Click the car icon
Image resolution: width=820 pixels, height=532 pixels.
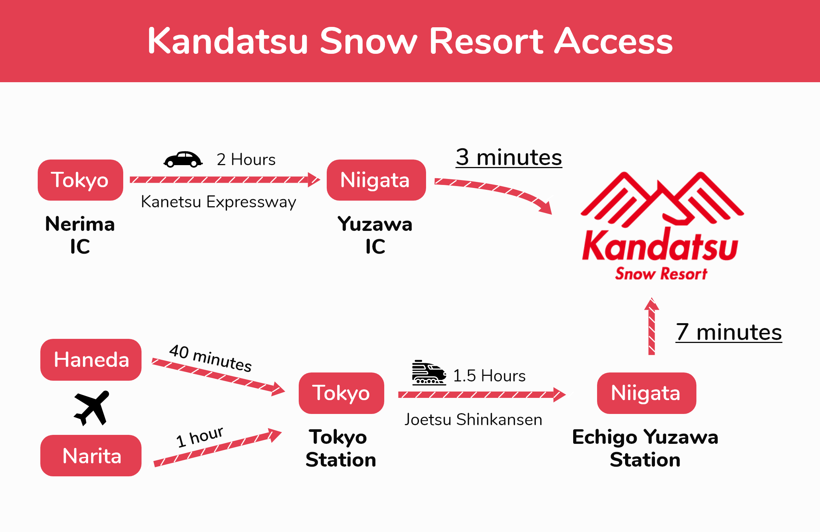point(183,160)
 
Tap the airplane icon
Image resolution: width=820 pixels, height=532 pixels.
point(92,408)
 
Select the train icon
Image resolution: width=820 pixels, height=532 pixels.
point(429,372)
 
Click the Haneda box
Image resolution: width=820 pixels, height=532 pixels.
point(91,360)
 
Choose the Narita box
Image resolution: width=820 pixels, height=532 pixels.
point(91,455)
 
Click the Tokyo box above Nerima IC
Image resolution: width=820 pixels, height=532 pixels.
point(80,180)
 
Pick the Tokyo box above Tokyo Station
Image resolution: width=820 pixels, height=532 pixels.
point(341,393)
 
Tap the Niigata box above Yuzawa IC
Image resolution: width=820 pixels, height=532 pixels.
point(376,180)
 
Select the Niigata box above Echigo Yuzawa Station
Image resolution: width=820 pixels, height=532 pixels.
point(646,393)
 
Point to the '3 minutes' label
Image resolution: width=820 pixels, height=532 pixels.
point(509,157)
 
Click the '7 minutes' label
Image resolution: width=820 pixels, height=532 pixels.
point(729,332)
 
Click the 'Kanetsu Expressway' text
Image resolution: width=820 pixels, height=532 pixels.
point(218,202)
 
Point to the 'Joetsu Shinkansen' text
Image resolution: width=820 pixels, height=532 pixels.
point(473,420)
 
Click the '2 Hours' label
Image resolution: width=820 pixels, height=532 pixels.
point(246,160)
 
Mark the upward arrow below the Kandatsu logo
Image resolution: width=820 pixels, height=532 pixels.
point(652,326)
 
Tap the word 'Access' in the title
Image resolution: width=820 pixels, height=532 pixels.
point(614,41)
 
